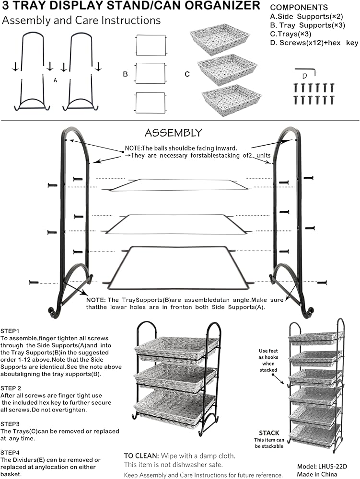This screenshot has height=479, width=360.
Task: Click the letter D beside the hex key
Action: [x=304, y=76]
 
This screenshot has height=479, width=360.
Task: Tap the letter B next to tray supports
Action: [x=125, y=74]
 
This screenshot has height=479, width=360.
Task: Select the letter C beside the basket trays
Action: [x=187, y=74]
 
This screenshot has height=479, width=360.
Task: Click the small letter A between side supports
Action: [x=55, y=81]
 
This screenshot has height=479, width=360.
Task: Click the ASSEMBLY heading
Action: [x=174, y=133]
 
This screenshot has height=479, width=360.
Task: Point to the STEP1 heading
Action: [x=10, y=331]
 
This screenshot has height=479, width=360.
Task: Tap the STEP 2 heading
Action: [x=11, y=388]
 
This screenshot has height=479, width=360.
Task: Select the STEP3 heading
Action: [x=10, y=424]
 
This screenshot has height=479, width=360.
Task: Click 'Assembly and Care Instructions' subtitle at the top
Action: [x=81, y=21]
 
